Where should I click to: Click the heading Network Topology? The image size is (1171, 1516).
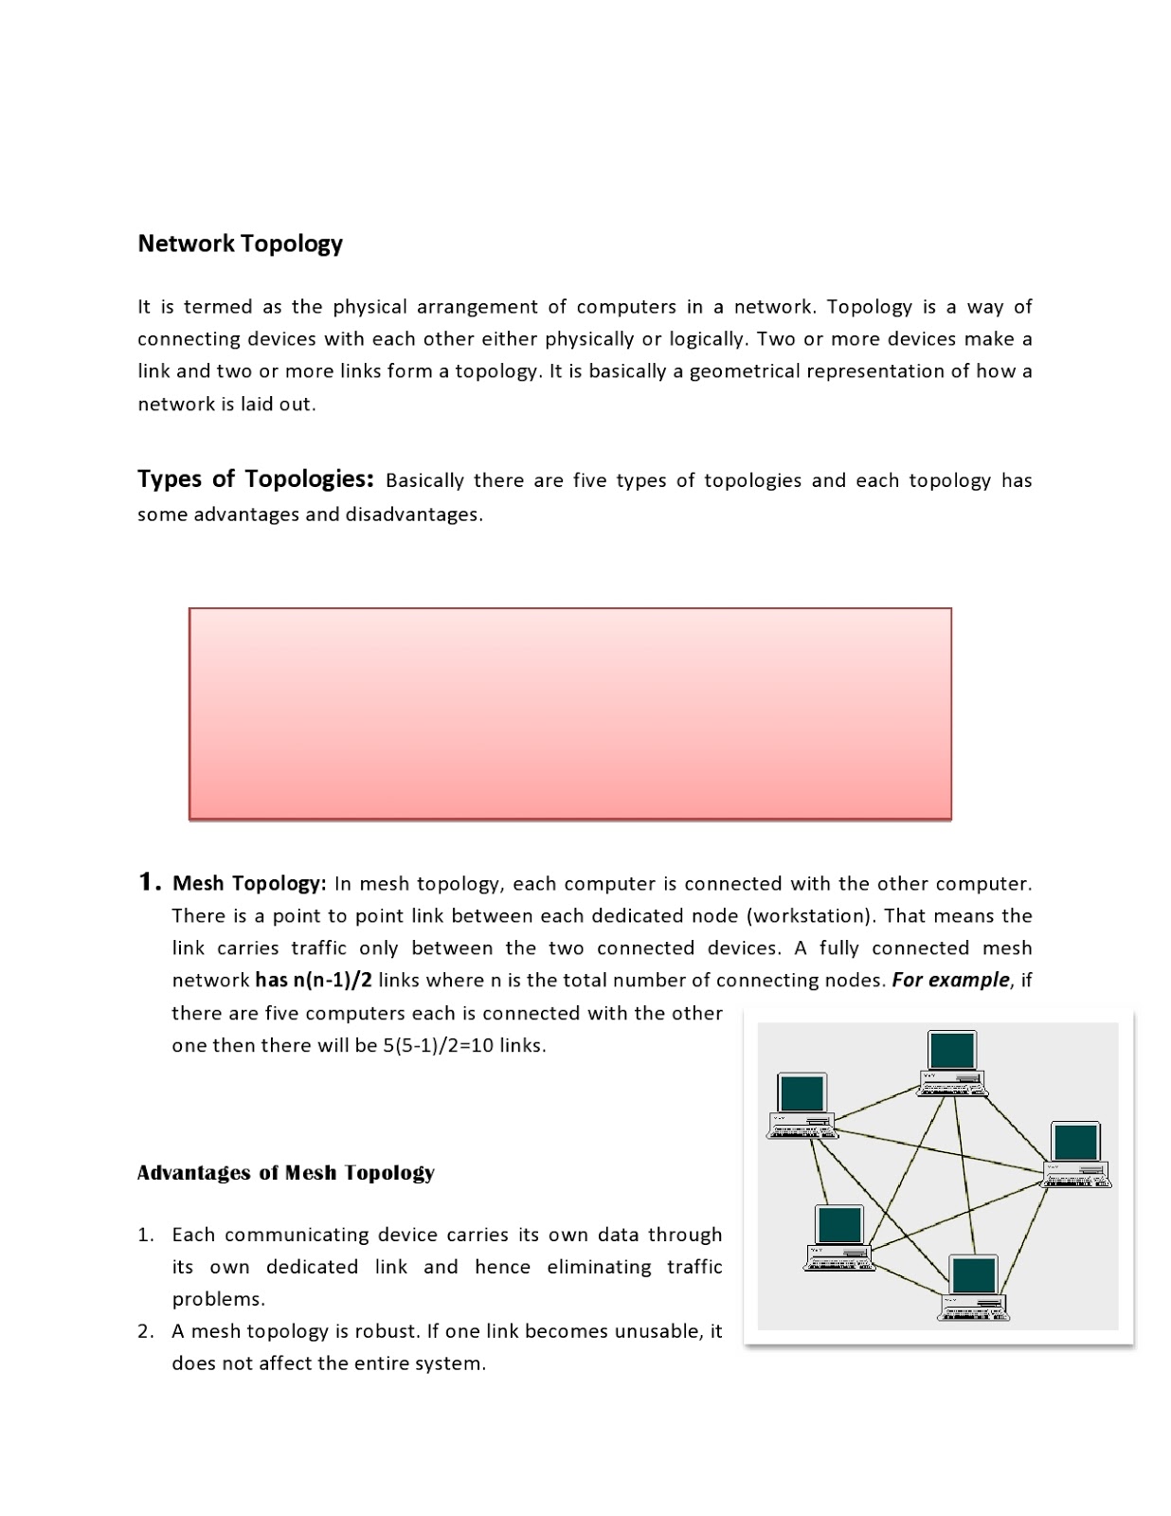tap(240, 244)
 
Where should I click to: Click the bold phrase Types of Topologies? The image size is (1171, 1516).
tap(256, 478)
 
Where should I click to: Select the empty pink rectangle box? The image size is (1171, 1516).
tap(569, 713)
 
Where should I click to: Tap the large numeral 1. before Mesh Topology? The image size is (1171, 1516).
tap(150, 882)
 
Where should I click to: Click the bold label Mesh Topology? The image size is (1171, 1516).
tap(249, 884)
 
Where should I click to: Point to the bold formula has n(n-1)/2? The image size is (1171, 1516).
tap(313, 980)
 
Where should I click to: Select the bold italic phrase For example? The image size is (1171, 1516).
tap(950, 980)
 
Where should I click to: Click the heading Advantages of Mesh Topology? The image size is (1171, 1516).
tap(285, 1173)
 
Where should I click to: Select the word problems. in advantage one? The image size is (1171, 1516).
tap(219, 1299)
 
